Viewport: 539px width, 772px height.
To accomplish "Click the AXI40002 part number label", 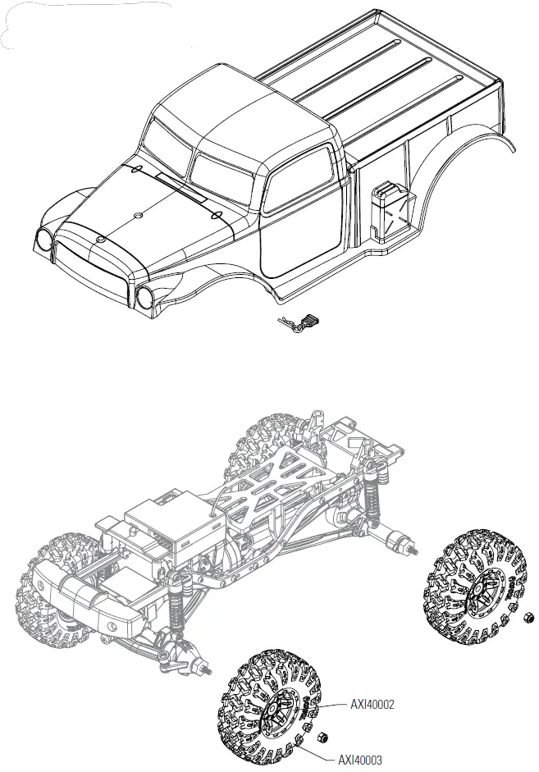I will click(x=374, y=703).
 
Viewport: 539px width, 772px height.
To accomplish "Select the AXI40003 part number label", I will click(x=362, y=761).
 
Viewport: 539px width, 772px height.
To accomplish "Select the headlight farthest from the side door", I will click(x=43, y=240).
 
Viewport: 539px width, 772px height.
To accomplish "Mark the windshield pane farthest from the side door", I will click(x=167, y=142).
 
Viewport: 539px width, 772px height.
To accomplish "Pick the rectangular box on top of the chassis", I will click(x=158, y=525).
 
